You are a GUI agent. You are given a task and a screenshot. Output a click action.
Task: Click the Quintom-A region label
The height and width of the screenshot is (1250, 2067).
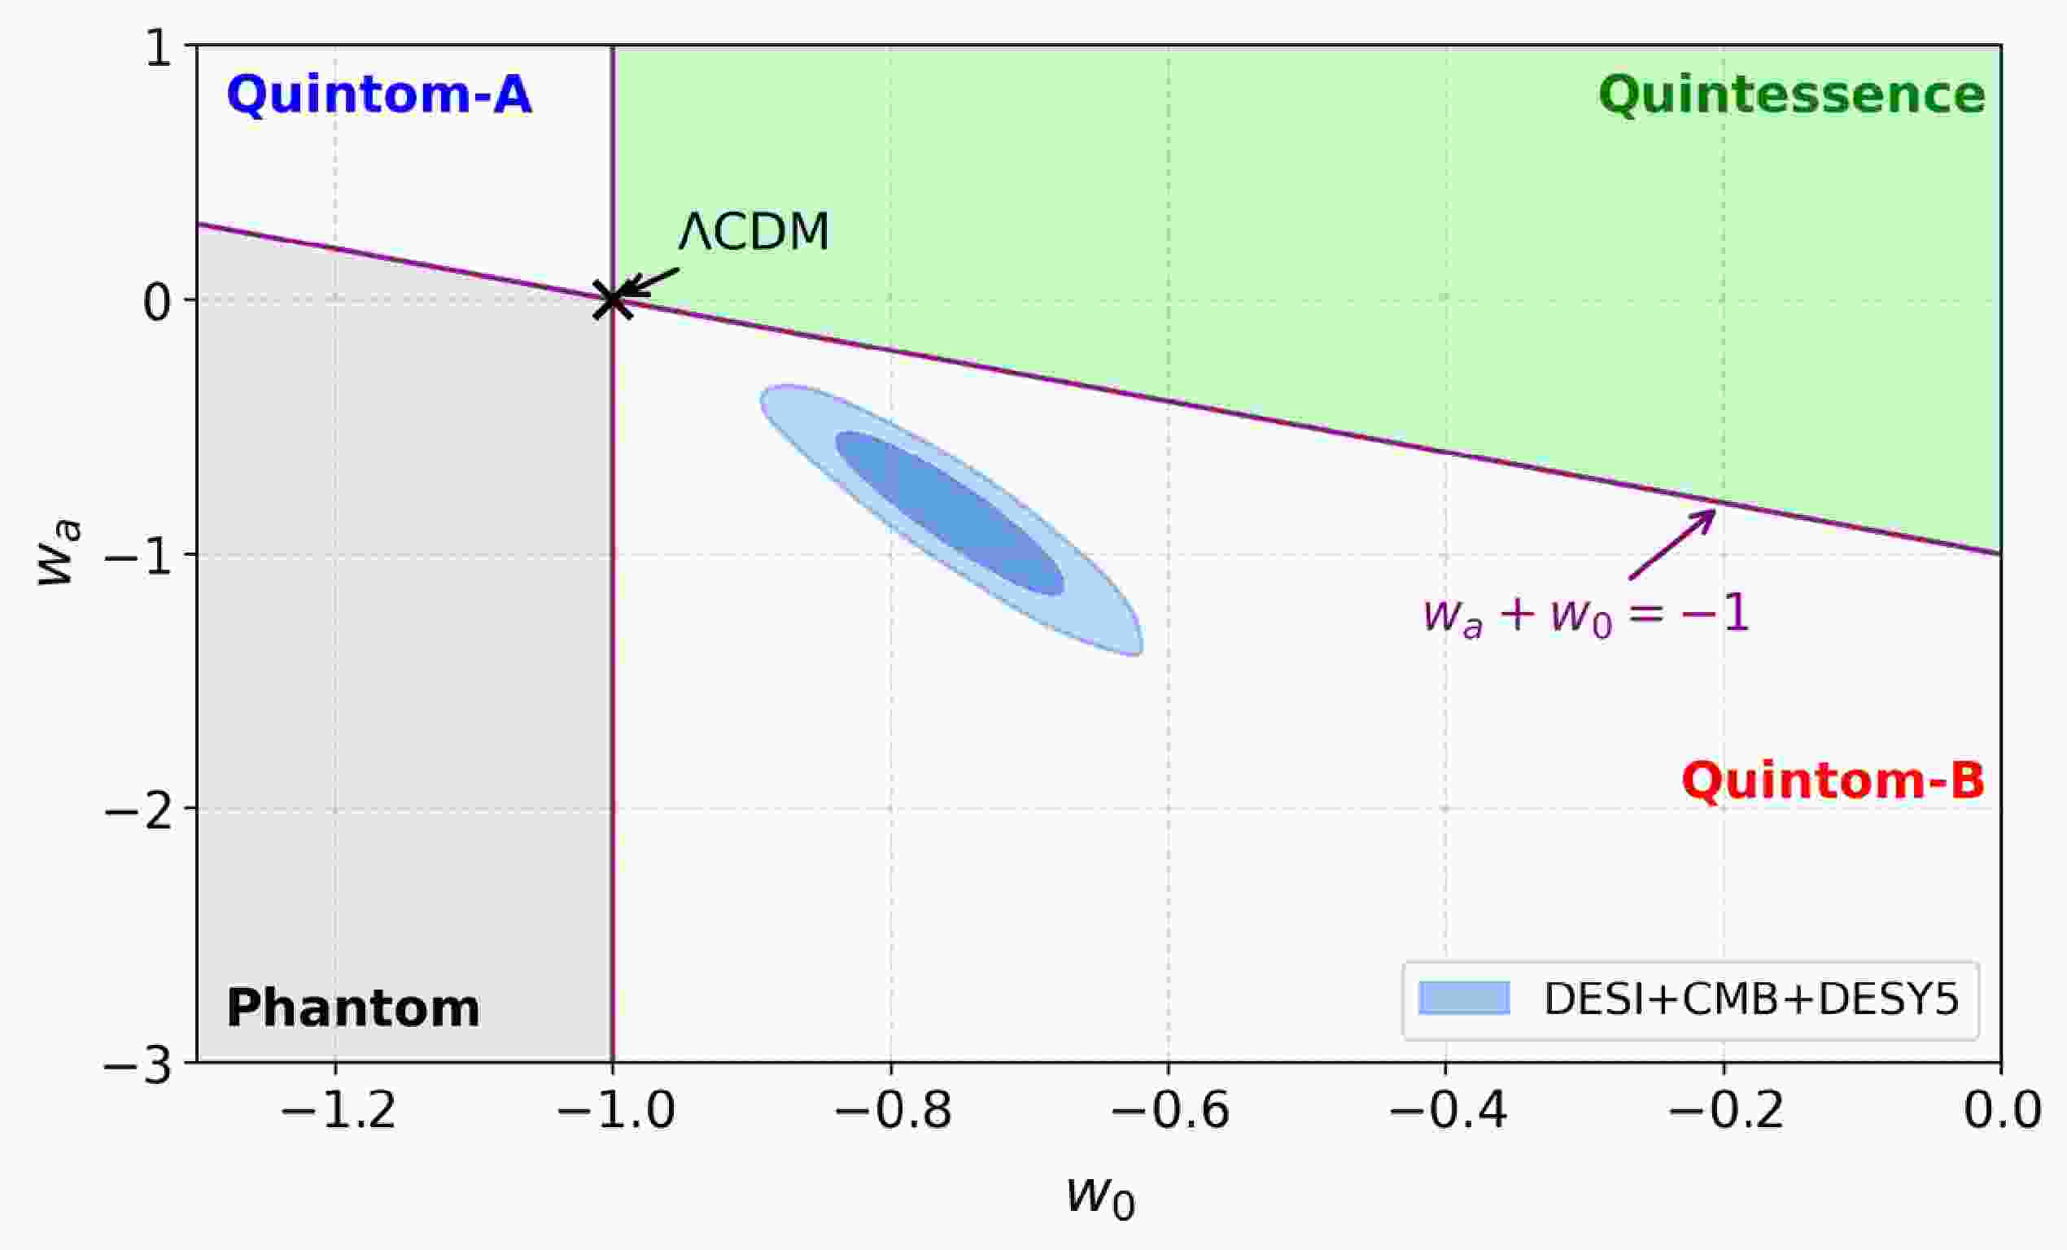click(379, 94)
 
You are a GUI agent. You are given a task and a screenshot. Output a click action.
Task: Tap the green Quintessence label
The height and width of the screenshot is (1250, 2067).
click(1792, 94)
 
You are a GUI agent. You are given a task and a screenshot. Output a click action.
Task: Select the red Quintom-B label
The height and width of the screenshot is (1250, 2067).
click(1833, 781)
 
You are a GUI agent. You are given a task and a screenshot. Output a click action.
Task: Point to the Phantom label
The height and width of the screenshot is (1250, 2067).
click(353, 1008)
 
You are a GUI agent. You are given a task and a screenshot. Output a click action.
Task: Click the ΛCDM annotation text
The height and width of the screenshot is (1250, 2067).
click(754, 233)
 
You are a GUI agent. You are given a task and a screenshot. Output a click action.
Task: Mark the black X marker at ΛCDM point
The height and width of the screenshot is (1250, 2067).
click(614, 299)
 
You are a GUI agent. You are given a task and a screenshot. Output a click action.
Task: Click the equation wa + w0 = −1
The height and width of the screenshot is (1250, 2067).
click(1585, 615)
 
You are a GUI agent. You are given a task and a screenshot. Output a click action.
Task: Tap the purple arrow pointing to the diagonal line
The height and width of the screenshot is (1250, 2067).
click(1672, 544)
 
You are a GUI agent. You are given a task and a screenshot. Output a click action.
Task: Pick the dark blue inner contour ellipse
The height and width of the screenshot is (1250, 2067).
click(950, 514)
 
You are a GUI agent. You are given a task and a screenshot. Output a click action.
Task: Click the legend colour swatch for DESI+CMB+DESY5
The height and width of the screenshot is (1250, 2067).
click(1464, 999)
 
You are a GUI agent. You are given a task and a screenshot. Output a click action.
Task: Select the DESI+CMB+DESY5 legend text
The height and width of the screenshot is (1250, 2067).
click(1751, 999)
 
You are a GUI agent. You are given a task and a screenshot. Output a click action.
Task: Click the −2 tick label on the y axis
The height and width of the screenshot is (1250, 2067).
click(138, 811)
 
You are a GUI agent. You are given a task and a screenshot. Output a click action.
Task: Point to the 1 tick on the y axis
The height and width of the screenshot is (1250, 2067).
click(159, 50)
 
